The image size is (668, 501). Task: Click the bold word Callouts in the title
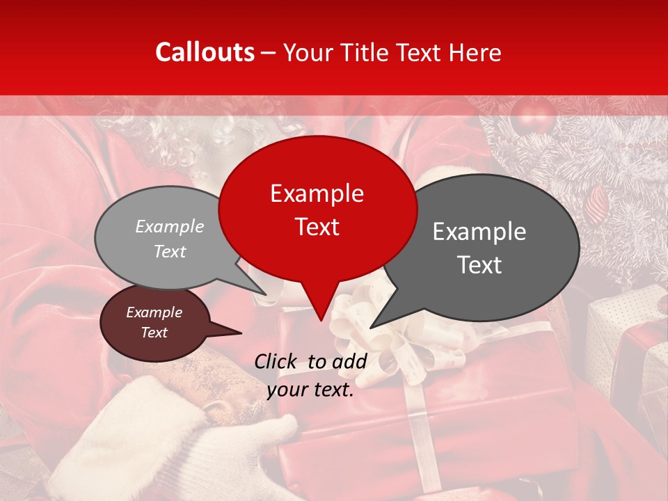point(205,52)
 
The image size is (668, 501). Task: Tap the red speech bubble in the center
point(317,209)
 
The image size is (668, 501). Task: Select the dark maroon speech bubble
point(154,323)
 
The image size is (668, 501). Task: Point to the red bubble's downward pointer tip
point(320,319)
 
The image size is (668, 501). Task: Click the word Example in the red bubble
point(317,193)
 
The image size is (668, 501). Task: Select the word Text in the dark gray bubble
point(480,265)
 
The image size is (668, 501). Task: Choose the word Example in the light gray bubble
point(170,226)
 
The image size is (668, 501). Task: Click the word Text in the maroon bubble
point(154,333)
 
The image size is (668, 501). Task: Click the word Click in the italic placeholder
point(276,361)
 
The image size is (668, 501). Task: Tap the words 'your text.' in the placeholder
point(310,390)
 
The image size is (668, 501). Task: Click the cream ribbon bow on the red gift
point(365,327)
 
